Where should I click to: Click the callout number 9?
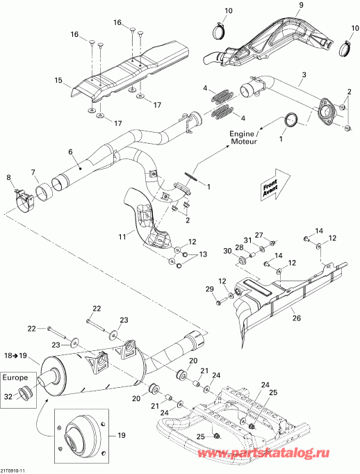tap(301, 5)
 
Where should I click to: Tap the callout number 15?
tap(58, 81)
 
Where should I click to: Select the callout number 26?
tap(297, 318)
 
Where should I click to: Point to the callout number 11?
tap(122, 237)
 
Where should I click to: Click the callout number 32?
tap(8, 396)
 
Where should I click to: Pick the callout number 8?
tap(8, 177)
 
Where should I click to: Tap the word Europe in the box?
tap(15, 377)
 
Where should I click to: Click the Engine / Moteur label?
tap(244, 137)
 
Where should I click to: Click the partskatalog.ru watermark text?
tap(263, 453)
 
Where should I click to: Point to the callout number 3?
tap(304, 74)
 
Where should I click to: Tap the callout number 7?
tap(33, 172)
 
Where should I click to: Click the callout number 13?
tap(203, 254)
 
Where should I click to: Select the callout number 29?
tap(209, 289)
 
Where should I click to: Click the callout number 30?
tap(227, 250)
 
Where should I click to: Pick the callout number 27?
tap(259, 235)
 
